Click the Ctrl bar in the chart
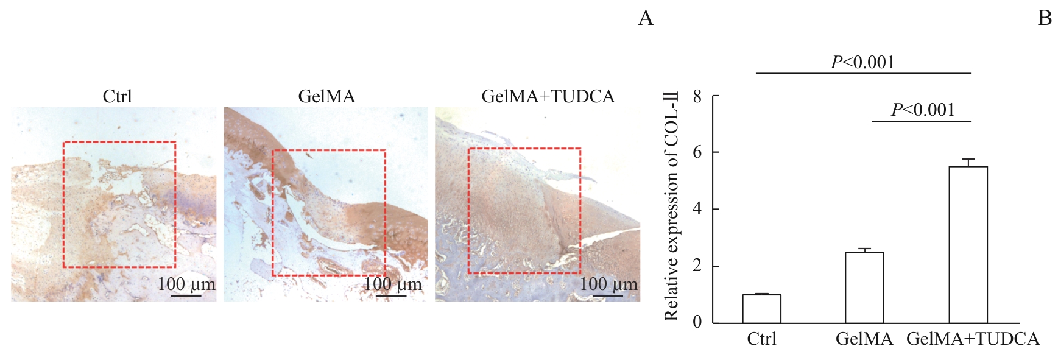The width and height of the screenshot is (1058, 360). [761, 309]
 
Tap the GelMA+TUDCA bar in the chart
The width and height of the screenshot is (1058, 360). [968, 244]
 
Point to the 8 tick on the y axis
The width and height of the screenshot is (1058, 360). [697, 96]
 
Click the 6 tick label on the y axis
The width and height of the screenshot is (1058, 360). [697, 152]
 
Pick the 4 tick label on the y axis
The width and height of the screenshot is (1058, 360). [697, 209]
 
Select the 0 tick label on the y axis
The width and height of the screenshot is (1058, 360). [697, 322]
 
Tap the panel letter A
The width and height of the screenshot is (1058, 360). [646, 19]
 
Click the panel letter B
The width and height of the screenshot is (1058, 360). [1045, 19]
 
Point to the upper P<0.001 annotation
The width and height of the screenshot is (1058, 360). [863, 62]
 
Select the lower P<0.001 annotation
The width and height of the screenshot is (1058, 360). [922, 110]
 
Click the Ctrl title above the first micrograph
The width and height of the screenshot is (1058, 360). [117, 96]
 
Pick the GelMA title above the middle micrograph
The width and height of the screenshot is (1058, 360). [326, 96]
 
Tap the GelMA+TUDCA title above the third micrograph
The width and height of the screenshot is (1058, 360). [548, 96]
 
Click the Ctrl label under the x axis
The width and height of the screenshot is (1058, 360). [761, 339]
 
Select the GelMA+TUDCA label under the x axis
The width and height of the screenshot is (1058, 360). [973, 339]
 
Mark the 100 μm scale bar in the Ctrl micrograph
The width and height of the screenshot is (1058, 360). [186, 296]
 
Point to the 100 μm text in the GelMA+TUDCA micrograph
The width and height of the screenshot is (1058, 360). [608, 284]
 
